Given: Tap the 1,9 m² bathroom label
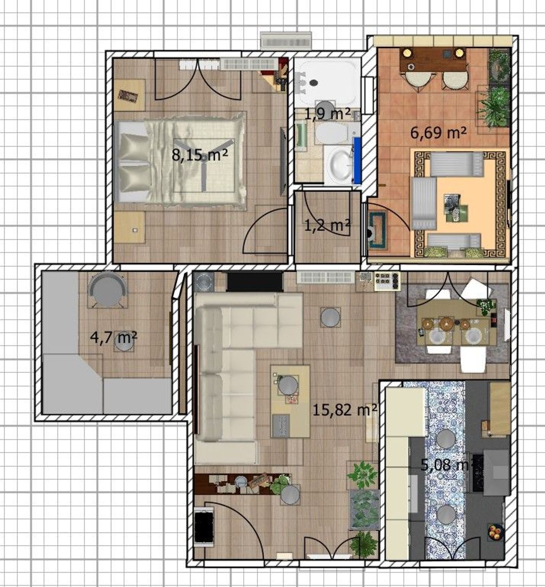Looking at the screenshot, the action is coord(327,114).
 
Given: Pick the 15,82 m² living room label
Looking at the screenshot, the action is coord(344,410).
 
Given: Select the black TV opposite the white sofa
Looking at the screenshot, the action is coord(255,281).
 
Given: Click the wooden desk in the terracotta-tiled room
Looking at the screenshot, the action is coord(433,60).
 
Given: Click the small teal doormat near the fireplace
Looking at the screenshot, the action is coord(378,230).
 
